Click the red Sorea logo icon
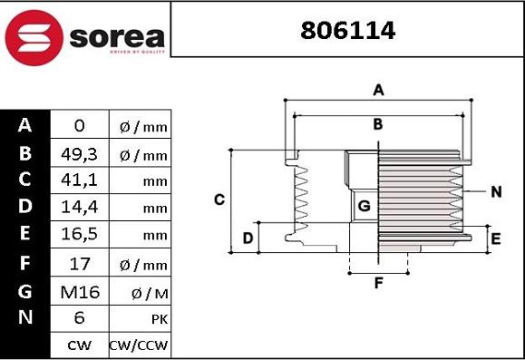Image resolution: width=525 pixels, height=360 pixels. tap(34, 36)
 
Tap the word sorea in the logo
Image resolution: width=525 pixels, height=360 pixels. tap(115, 37)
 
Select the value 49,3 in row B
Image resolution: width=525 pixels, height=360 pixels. tap(79, 154)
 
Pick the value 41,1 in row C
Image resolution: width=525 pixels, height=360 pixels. tap(79, 181)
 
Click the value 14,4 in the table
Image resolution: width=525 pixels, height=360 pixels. tap(79, 209)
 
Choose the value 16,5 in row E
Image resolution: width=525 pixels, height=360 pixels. tap(79, 236)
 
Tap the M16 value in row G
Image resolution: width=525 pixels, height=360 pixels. tap(79, 292)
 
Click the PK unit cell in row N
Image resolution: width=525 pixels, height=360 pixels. tap(140, 319)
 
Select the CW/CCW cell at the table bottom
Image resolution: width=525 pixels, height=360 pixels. tap(140, 345)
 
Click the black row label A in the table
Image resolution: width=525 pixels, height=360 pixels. tap(24, 125)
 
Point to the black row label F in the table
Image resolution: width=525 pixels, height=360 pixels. tap(24, 264)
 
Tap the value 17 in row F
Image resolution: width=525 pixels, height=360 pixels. tap(79, 265)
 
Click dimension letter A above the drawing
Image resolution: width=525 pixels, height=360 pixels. tap(379, 89)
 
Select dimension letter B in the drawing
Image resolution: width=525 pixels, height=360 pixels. tap(378, 123)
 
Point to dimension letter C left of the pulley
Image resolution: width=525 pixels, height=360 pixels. tap(219, 199)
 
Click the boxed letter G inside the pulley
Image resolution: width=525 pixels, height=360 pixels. tap(364, 206)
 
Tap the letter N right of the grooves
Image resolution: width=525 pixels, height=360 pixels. tap(496, 191)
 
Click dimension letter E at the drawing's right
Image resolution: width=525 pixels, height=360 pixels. tap(495, 238)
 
